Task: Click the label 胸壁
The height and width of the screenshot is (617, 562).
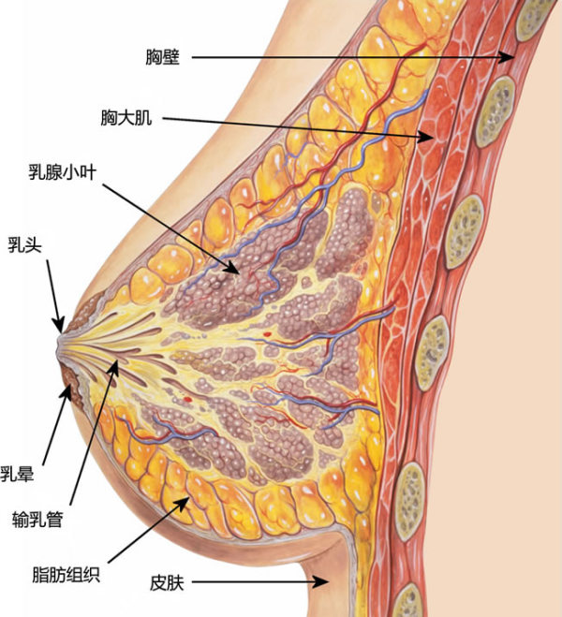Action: [x=168, y=57]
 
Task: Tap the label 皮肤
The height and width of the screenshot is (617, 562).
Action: [x=170, y=583]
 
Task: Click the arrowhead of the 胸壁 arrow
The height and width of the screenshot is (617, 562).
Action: [x=513, y=58]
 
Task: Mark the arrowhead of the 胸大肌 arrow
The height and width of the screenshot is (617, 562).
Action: [x=434, y=140]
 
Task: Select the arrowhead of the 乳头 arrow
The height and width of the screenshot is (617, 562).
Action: [x=60, y=328]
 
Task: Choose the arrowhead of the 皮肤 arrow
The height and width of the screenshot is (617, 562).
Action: [x=329, y=582]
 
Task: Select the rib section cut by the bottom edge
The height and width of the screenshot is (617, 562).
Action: [x=408, y=602]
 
